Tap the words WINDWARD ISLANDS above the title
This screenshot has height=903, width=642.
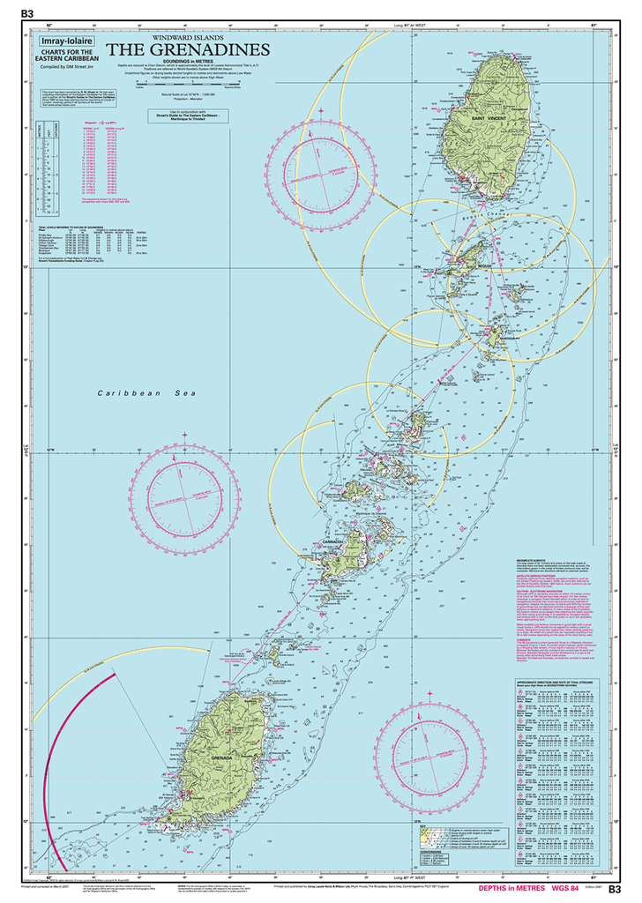pos(188,38)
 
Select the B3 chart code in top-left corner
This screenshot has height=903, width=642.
pos(26,13)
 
